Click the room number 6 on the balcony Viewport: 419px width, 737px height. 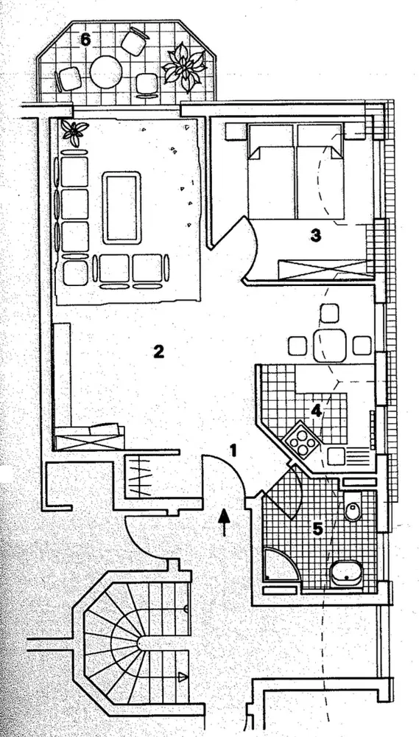pyautogui.click(x=85, y=40)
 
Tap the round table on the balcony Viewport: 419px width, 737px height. pyautogui.click(x=106, y=72)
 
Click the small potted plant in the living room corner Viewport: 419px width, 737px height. pyautogui.click(x=74, y=132)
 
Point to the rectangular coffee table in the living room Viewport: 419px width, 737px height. pyautogui.click(x=122, y=208)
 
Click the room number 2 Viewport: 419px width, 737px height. pyautogui.click(x=159, y=351)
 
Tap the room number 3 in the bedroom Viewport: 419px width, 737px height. pyautogui.click(x=316, y=236)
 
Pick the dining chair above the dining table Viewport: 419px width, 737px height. pyautogui.click(x=329, y=313)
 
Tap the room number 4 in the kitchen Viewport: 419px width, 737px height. pyautogui.click(x=316, y=411)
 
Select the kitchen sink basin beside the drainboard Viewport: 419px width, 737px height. pyautogui.click(x=336, y=456)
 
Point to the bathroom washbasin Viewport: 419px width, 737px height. pyautogui.click(x=347, y=574)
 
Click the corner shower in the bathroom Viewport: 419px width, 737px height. pyautogui.click(x=281, y=564)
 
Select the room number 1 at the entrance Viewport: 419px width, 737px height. pyautogui.click(x=232, y=450)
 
